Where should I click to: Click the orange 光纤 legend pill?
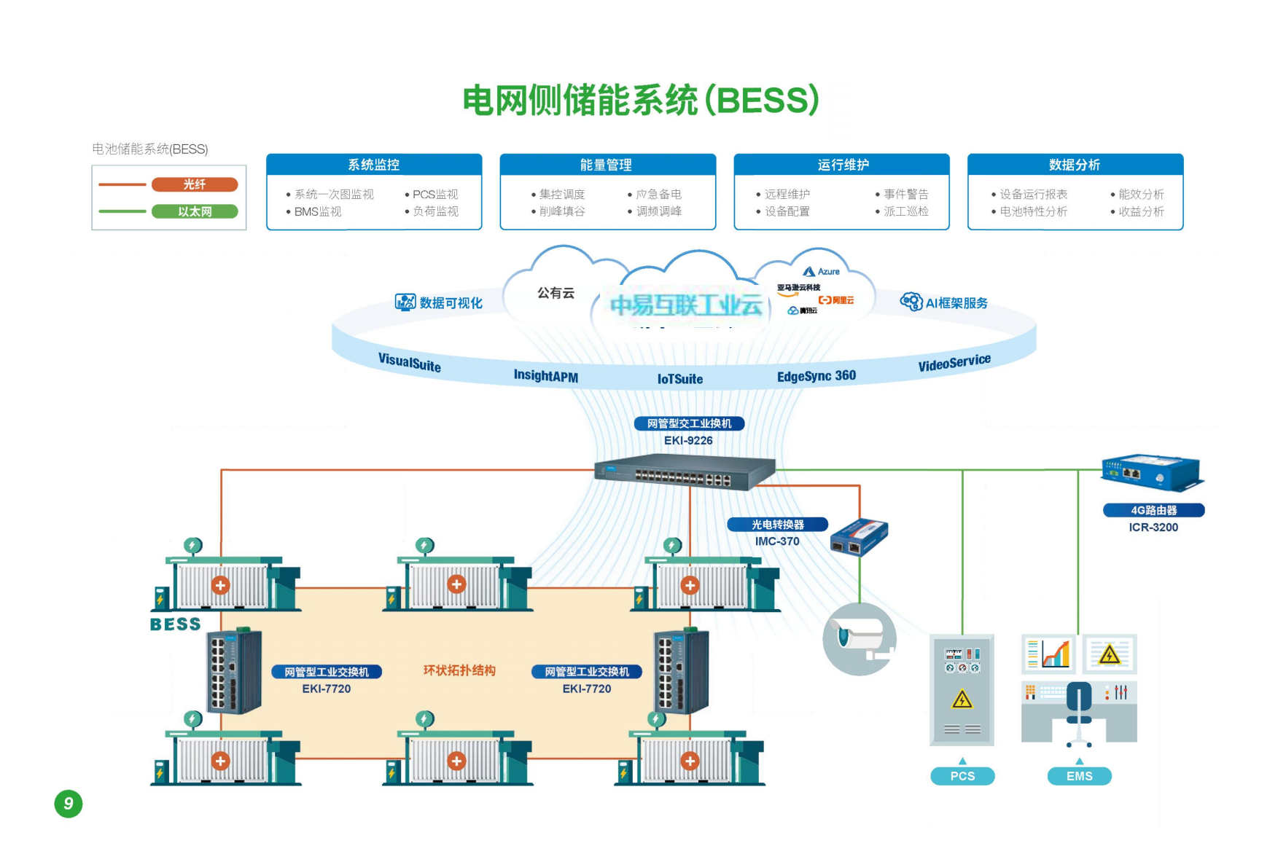coord(195,184)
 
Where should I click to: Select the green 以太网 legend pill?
coord(195,211)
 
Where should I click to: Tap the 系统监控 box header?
coord(374,165)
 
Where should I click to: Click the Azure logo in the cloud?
coord(822,272)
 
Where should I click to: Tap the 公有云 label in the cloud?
coord(556,293)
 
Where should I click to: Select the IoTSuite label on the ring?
coord(680,379)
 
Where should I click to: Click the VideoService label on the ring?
coord(954,362)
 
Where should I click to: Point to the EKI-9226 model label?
coord(688,440)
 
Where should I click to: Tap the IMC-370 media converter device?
coord(859,537)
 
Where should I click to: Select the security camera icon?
coord(860,639)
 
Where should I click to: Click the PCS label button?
coord(962,776)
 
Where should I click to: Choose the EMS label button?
coord(1079,776)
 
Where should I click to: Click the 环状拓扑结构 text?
coord(459,670)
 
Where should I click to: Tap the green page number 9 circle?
coord(69,804)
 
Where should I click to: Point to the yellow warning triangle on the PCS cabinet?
coord(962,700)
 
